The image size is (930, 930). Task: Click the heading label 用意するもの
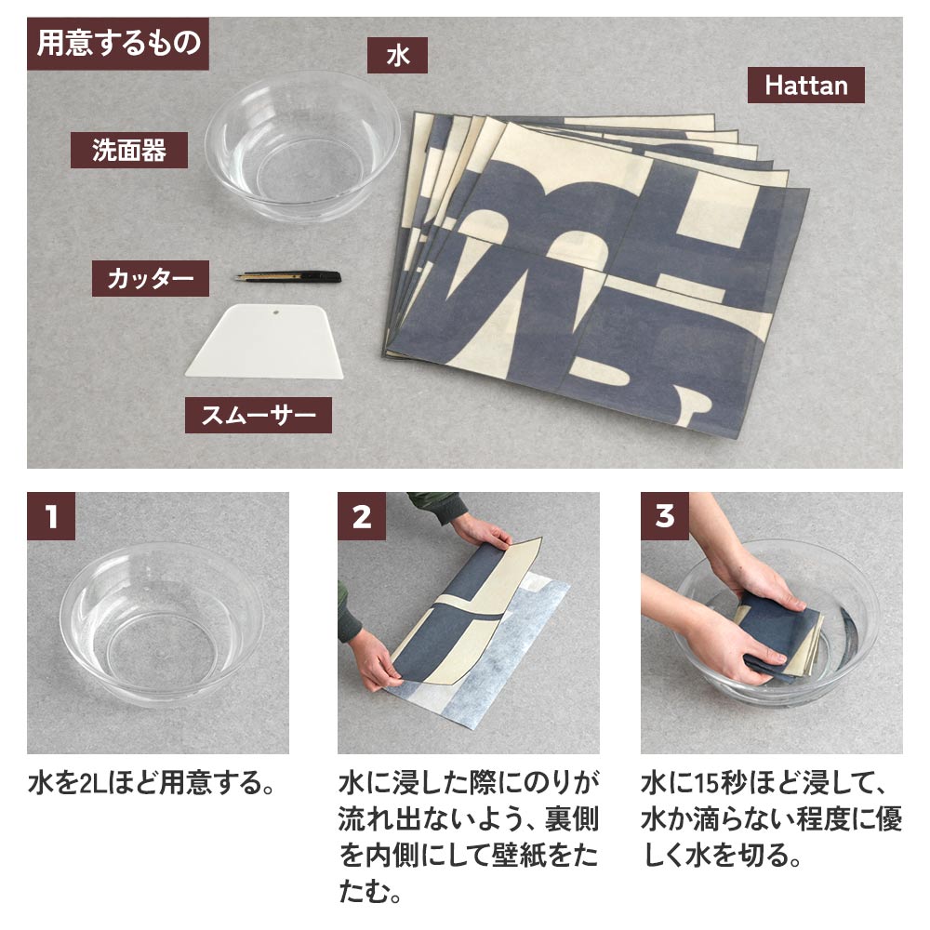tap(118, 45)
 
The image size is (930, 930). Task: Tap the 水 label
tap(397, 57)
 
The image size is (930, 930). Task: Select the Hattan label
tap(805, 86)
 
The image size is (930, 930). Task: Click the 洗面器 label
tap(128, 151)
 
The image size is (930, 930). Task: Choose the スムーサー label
tap(258, 415)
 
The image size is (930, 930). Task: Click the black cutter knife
tap(289, 276)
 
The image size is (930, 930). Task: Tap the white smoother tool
tap(264, 342)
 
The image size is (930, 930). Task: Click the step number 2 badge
tap(361, 516)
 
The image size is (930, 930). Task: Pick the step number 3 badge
tap(664, 516)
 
